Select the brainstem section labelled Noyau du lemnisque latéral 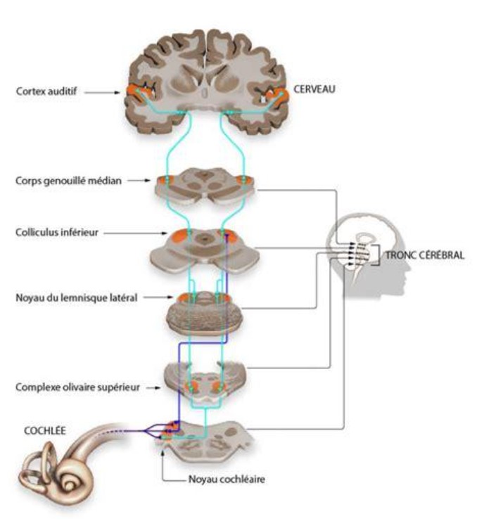pyautogui.click(x=204, y=313)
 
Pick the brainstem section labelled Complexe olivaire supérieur pyautogui.click(x=204, y=380)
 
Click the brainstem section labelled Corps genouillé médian pyautogui.click(x=204, y=186)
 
